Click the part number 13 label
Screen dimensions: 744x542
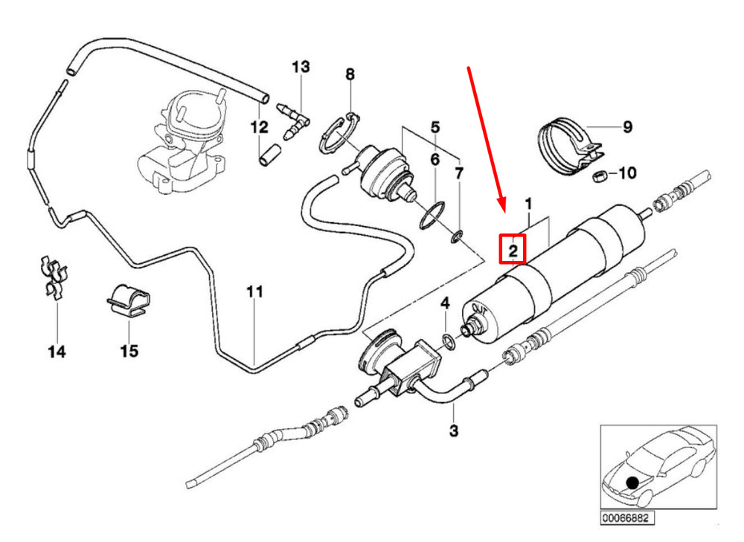point(301,67)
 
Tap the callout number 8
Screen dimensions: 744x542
point(350,74)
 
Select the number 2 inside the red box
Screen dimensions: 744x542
point(513,251)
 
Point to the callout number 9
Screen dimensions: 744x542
point(627,126)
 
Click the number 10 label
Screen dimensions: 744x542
point(627,173)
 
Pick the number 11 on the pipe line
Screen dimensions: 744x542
point(254,291)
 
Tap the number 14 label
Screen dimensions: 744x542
point(57,352)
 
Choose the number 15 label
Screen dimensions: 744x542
point(129,351)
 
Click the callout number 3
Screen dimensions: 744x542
point(454,430)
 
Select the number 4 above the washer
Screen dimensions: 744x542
point(445,303)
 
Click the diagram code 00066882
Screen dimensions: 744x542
point(625,517)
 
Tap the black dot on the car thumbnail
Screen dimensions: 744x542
point(632,483)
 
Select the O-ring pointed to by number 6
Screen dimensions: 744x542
point(432,215)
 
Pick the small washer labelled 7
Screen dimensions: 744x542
point(457,236)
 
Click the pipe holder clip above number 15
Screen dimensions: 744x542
point(127,300)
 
